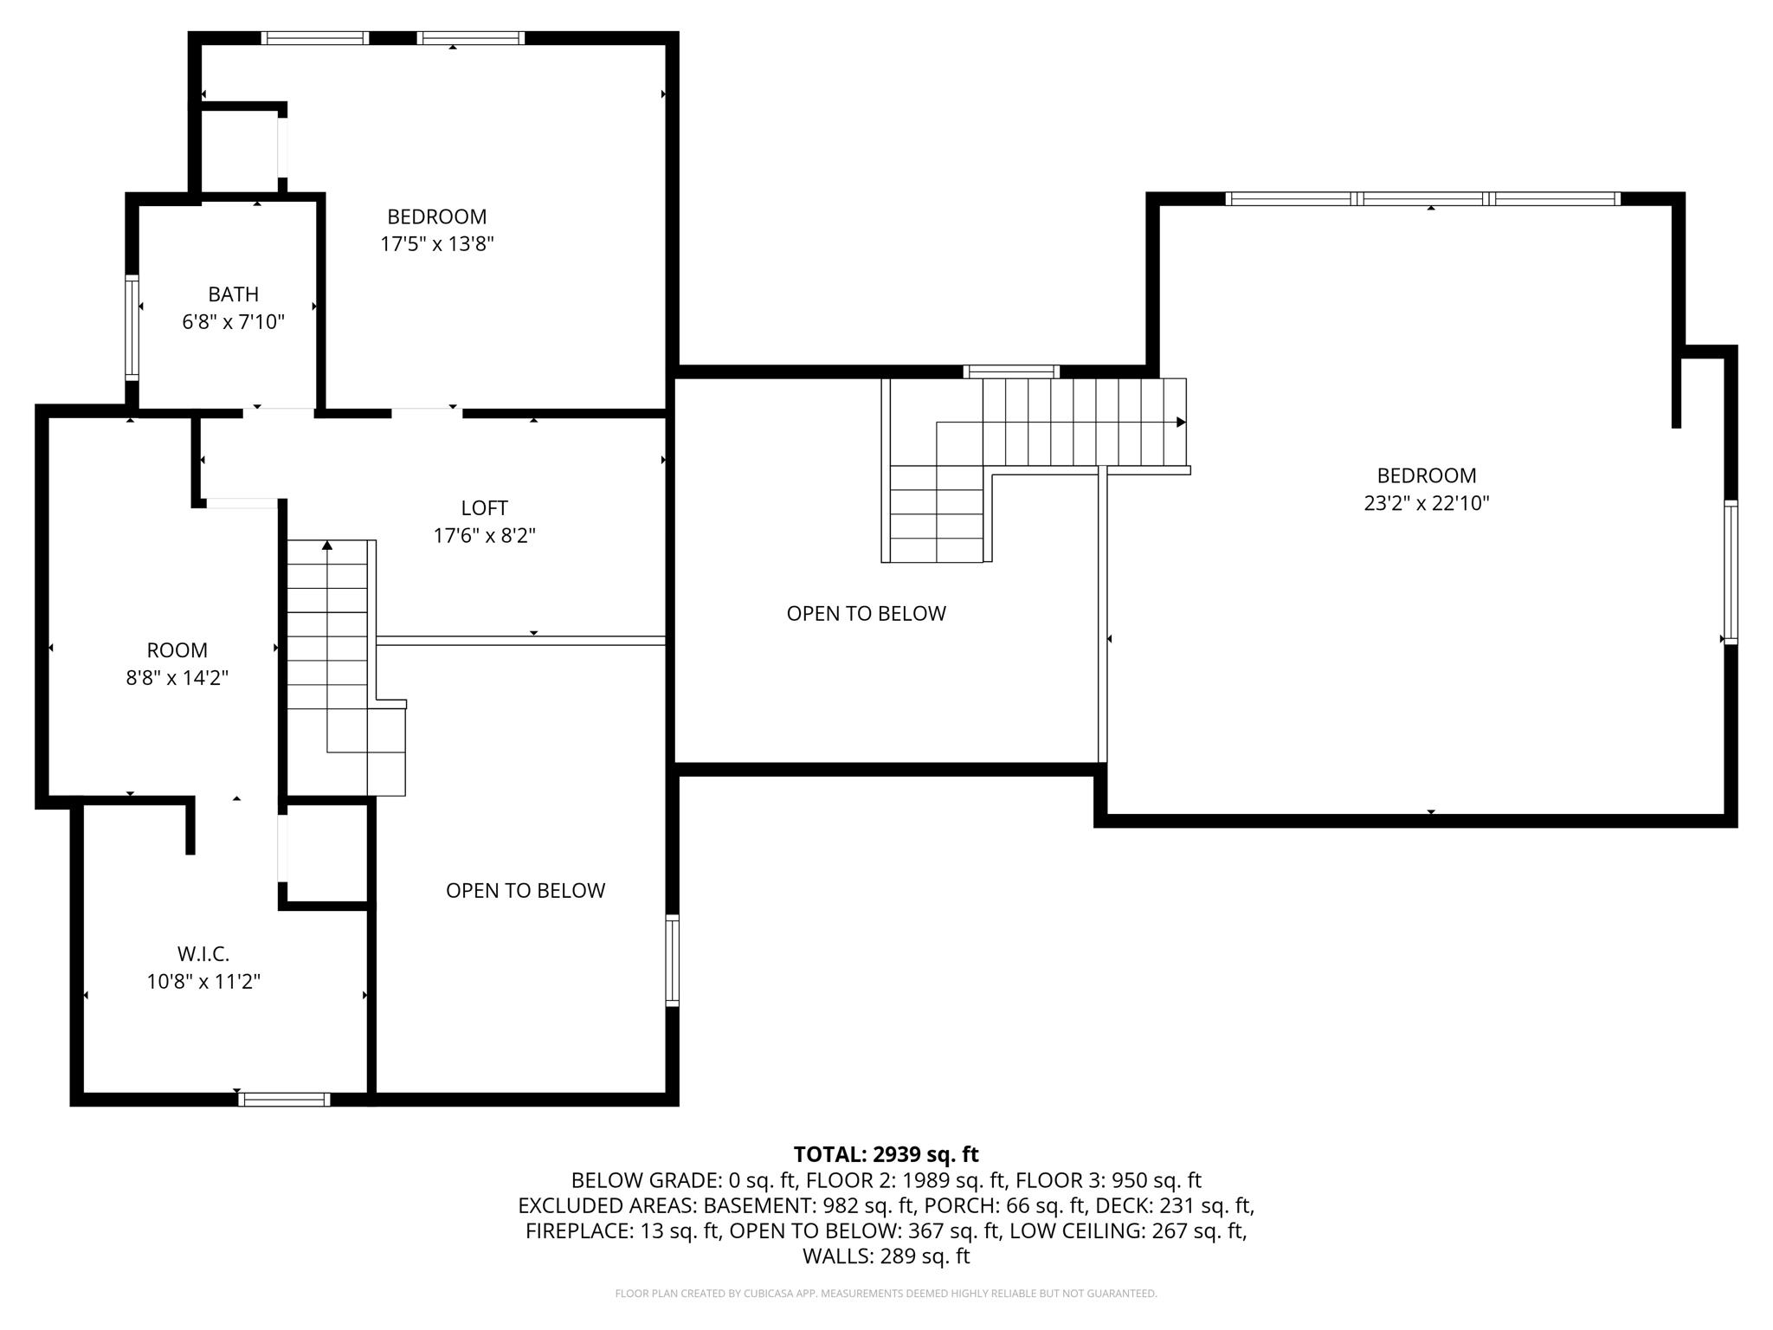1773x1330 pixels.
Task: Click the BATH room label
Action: pos(233,294)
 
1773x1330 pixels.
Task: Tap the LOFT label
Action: pos(484,508)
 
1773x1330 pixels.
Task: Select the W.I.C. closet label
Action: pos(203,954)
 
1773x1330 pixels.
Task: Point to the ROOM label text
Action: pos(177,650)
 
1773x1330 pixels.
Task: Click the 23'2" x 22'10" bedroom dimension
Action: pos(1426,503)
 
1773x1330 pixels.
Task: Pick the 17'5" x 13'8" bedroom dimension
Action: pos(436,244)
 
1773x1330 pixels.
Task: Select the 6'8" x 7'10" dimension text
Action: pos(233,322)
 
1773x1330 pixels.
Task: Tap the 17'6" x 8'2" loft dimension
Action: pos(484,536)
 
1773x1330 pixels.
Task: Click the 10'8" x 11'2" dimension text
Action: pos(203,982)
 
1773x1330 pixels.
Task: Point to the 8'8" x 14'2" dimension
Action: pos(177,678)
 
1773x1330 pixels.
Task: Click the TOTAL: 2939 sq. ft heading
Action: pos(886,1154)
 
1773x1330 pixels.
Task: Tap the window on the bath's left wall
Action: pos(132,327)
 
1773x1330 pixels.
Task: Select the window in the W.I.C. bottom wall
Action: pos(284,1100)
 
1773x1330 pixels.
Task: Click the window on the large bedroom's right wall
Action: pos(1731,572)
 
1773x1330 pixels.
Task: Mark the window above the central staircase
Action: pos(1011,371)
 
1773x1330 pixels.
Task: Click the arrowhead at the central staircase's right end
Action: pos(1181,423)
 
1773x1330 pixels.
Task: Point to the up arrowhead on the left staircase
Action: pos(327,545)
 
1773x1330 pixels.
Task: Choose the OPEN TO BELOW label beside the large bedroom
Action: pos(866,614)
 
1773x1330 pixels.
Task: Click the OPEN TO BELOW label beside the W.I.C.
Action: pos(525,891)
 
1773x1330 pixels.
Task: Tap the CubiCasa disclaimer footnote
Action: pos(886,1294)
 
